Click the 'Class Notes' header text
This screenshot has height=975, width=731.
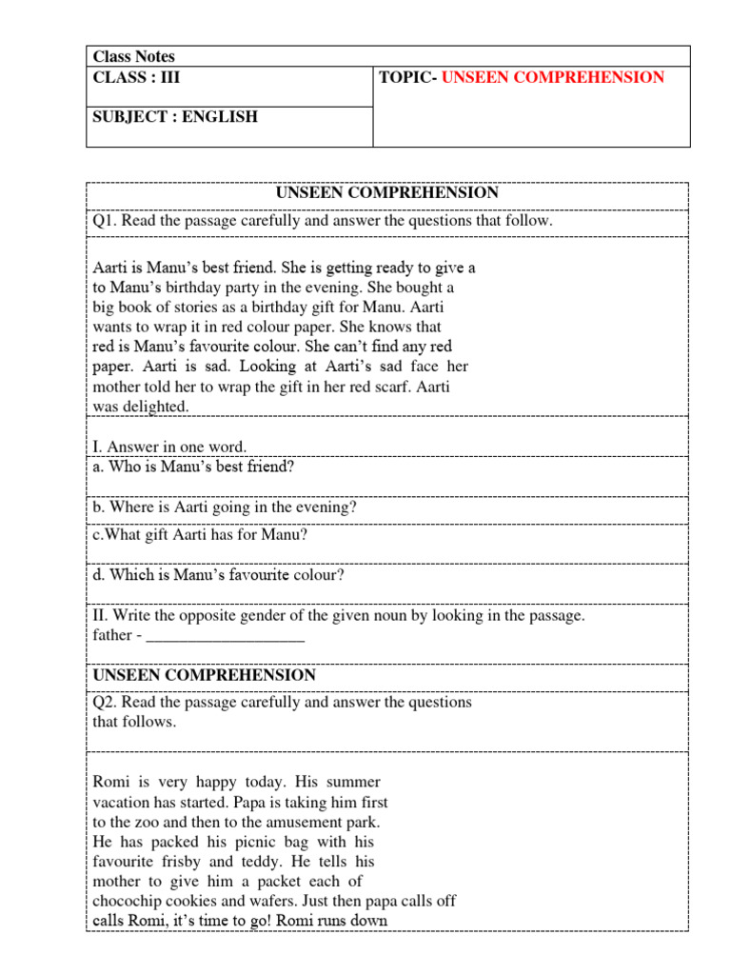pos(134,56)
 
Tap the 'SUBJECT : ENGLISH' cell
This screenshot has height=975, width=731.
pos(175,117)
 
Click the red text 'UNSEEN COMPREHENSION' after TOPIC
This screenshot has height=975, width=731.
pos(553,77)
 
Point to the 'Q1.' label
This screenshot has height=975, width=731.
pos(105,221)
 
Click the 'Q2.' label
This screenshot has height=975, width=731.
pos(105,702)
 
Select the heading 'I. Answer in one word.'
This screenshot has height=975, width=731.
pos(169,447)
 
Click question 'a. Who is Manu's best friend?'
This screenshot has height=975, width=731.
pos(193,467)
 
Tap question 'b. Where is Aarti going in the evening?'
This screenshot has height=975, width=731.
pos(225,507)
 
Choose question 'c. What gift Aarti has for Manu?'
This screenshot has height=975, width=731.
pos(200,535)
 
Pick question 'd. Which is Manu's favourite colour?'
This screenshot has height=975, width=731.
pos(218,575)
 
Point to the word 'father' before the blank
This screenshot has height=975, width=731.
pos(112,635)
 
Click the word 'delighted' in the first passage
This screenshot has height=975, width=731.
pos(156,407)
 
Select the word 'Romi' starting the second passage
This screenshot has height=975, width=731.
pos(110,782)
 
